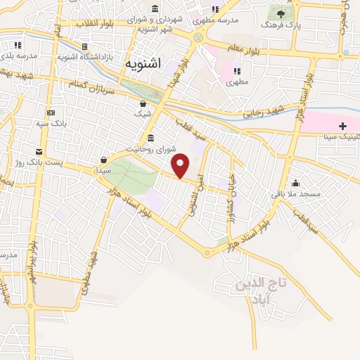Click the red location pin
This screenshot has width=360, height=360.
181,165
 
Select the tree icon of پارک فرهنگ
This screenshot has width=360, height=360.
281,13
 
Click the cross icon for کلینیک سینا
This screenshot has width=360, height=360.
342,127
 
